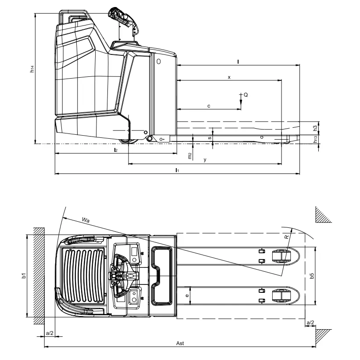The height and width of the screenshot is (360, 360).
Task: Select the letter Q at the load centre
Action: click(x=246, y=95)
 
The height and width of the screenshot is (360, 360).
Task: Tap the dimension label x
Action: click(x=229, y=77)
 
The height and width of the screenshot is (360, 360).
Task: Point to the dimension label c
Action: click(x=209, y=106)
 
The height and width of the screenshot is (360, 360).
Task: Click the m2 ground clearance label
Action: click(x=189, y=155)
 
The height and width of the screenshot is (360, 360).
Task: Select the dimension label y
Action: click(x=205, y=160)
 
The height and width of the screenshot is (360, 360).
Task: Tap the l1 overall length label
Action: click(x=177, y=170)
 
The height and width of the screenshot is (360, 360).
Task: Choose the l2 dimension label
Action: click(x=115, y=150)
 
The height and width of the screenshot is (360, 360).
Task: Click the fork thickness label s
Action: click(x=210, y=137)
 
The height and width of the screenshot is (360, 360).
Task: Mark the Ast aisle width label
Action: click(x=180, y=343)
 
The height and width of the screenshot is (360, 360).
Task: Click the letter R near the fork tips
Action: click(x=287, y=237)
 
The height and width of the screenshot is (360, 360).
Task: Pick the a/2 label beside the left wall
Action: click(x=50, y=333)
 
